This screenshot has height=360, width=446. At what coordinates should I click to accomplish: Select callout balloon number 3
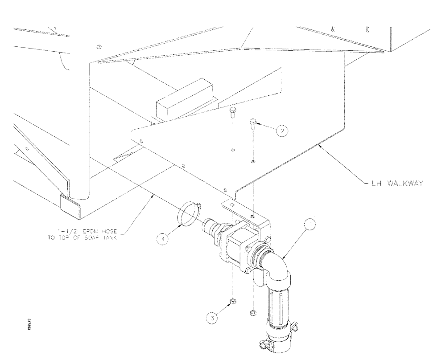click(x=213, y=318)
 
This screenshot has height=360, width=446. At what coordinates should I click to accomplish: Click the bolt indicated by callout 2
click(x=253, y=123)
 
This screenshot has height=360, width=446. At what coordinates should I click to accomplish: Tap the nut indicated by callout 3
click(x=232, y=303)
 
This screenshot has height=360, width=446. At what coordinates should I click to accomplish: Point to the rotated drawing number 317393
click(x=29, y=323)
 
